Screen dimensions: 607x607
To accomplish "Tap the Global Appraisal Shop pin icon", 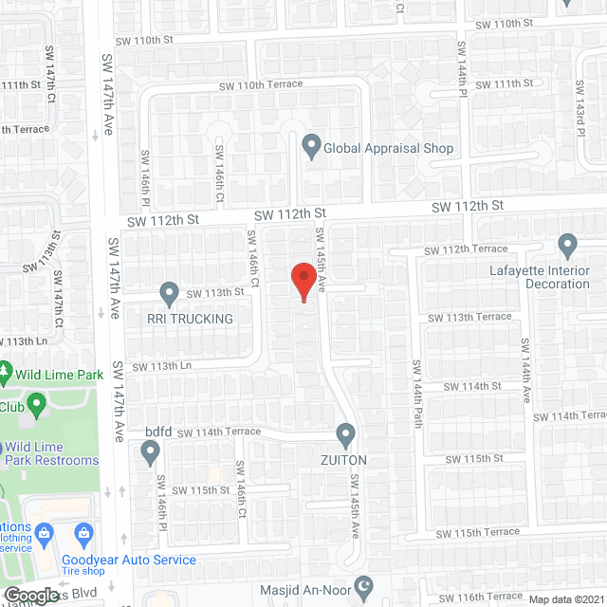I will tap(310, 147).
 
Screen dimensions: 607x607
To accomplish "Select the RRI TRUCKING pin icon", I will tap(169, 294).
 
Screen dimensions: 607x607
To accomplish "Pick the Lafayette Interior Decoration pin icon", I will tap(567, 247).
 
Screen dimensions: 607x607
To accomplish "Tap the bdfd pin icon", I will tap(150, 455).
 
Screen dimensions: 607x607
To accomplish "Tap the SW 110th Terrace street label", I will tap(261, 85).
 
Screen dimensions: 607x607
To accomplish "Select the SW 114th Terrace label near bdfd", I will tap(218, 432).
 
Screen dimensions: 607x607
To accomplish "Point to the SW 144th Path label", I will tap(415, 393).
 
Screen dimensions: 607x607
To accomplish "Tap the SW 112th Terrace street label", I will tap(466, 249).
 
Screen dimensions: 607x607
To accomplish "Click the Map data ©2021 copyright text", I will tap(564, 599).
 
